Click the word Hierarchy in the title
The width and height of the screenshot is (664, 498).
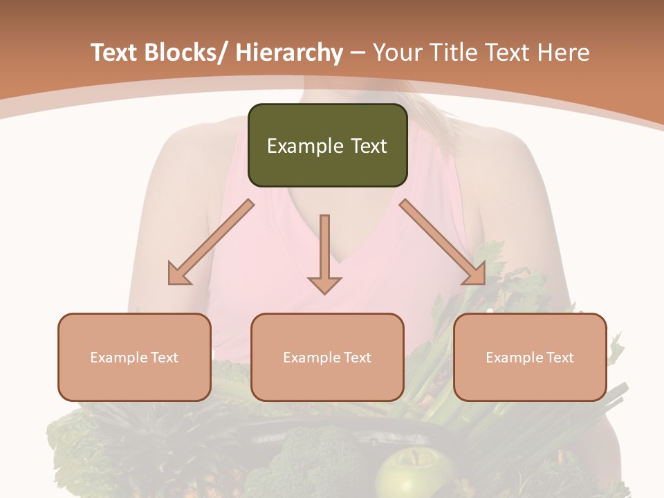click(289, 53)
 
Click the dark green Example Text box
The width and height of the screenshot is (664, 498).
click(327, 145)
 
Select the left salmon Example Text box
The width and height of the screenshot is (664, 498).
click(134, 357)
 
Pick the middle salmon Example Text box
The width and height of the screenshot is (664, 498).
click(327, 357)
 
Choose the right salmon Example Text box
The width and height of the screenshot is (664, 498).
click(530, 357)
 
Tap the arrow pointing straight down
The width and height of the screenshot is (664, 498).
click(324, 252)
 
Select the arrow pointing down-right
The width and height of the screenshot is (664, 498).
click(443, 241)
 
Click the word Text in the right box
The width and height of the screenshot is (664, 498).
click(558, 358)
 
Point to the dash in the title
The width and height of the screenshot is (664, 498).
click(358, 53)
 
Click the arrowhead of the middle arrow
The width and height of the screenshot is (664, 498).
click(324, 285)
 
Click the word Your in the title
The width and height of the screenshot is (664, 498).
click(396, 53)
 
